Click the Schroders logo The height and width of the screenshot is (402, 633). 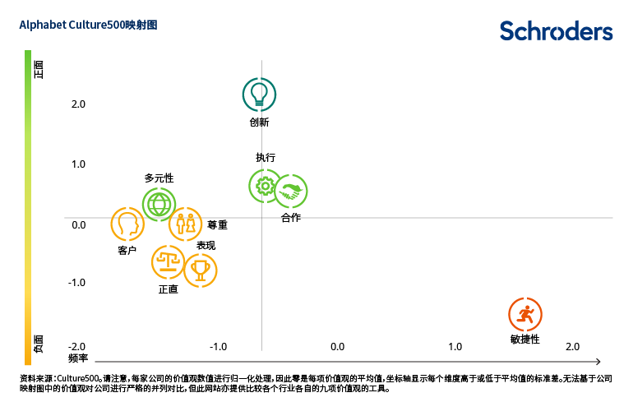(556, 31)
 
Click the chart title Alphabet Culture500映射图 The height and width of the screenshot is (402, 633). (88, 25)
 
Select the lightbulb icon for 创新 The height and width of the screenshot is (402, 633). (259, 95)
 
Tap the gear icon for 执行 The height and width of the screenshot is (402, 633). (265, 186)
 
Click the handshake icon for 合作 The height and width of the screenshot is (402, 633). (290, 192)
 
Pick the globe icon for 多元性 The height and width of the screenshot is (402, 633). (159, 204)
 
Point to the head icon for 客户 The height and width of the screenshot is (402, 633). (127, 224)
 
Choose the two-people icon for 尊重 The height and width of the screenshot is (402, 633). (185, 224)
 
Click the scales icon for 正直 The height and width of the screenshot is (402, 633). (169, 262)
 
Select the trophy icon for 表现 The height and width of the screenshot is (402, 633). (201, 270)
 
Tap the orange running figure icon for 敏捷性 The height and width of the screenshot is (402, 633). (525, 315)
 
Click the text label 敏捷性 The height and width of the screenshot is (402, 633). (524, 339)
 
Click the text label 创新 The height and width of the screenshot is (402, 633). (259, 122)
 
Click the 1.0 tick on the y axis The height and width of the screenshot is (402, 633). (78, 164)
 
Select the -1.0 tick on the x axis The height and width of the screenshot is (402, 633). (218, 347)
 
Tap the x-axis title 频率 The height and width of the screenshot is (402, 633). (78, 358)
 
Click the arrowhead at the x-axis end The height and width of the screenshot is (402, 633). (598, 361)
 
